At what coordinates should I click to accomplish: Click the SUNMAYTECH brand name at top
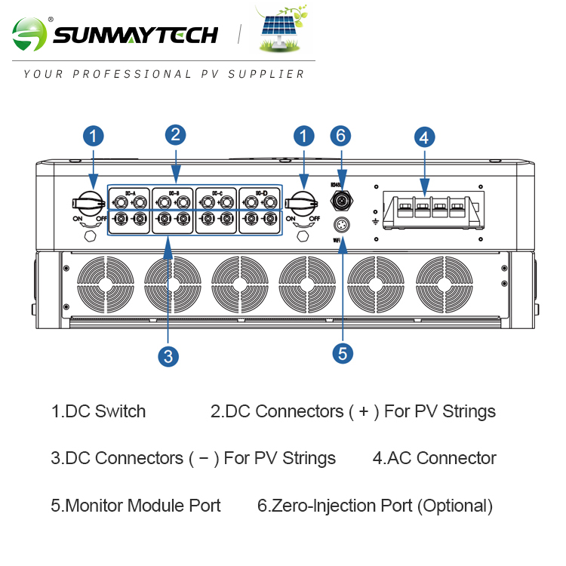click(x=135, y=35)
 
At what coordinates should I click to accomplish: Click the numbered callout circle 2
click(x=175, y=135)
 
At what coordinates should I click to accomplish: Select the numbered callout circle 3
click(x=168, y=356)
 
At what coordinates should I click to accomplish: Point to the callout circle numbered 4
click(x=424, y=137)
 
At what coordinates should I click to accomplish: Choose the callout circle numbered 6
click(x=341, y=136)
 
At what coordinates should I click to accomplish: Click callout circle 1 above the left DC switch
click(x=93, y=137)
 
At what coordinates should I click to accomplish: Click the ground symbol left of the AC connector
click(x=375, y=221)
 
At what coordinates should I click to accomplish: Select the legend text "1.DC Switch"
click(x=98, y=412)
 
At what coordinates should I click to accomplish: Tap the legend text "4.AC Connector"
click(x=435, y=458)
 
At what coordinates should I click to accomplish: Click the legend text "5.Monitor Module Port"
click(x=136, y=506)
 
